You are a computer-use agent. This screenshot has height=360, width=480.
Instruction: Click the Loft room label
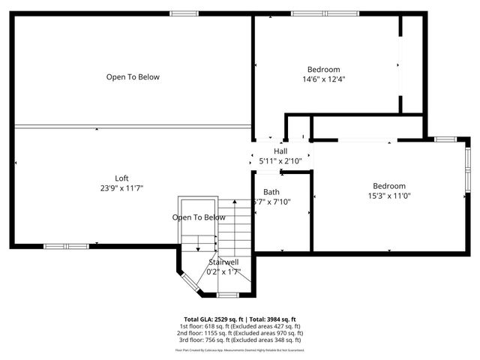coord(121,178)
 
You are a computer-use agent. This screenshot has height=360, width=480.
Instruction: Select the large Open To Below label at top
coord(133,76)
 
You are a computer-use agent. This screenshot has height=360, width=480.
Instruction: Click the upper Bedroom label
coord(324,69)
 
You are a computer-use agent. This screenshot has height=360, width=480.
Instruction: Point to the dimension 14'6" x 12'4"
coord(324,79)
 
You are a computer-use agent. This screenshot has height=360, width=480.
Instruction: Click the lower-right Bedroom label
coord(389,186)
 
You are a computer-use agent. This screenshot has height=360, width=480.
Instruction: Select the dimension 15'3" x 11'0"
coord(389,196)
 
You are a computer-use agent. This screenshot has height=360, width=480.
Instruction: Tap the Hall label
coord(280,151)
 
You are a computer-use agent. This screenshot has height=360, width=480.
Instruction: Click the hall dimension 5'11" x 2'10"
coord(280,160)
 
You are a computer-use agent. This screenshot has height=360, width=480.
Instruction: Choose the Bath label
coord(261,192)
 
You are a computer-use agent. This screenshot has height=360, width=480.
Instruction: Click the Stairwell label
coord(223,262)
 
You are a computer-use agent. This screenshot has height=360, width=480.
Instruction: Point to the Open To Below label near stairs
coord(199,217)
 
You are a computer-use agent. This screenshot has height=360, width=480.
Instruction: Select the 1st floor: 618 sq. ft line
coord(240,326)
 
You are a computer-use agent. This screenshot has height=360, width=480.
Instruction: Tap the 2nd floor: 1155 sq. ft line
coord(240,332)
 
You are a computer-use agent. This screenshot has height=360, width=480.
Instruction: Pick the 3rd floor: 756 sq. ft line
coord(240,339)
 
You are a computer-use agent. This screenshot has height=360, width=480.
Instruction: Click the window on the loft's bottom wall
coord(66,246)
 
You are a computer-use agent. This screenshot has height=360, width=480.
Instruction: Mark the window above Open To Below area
coord(184,13)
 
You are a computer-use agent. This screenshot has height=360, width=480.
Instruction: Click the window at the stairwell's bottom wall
coord(228,295)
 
